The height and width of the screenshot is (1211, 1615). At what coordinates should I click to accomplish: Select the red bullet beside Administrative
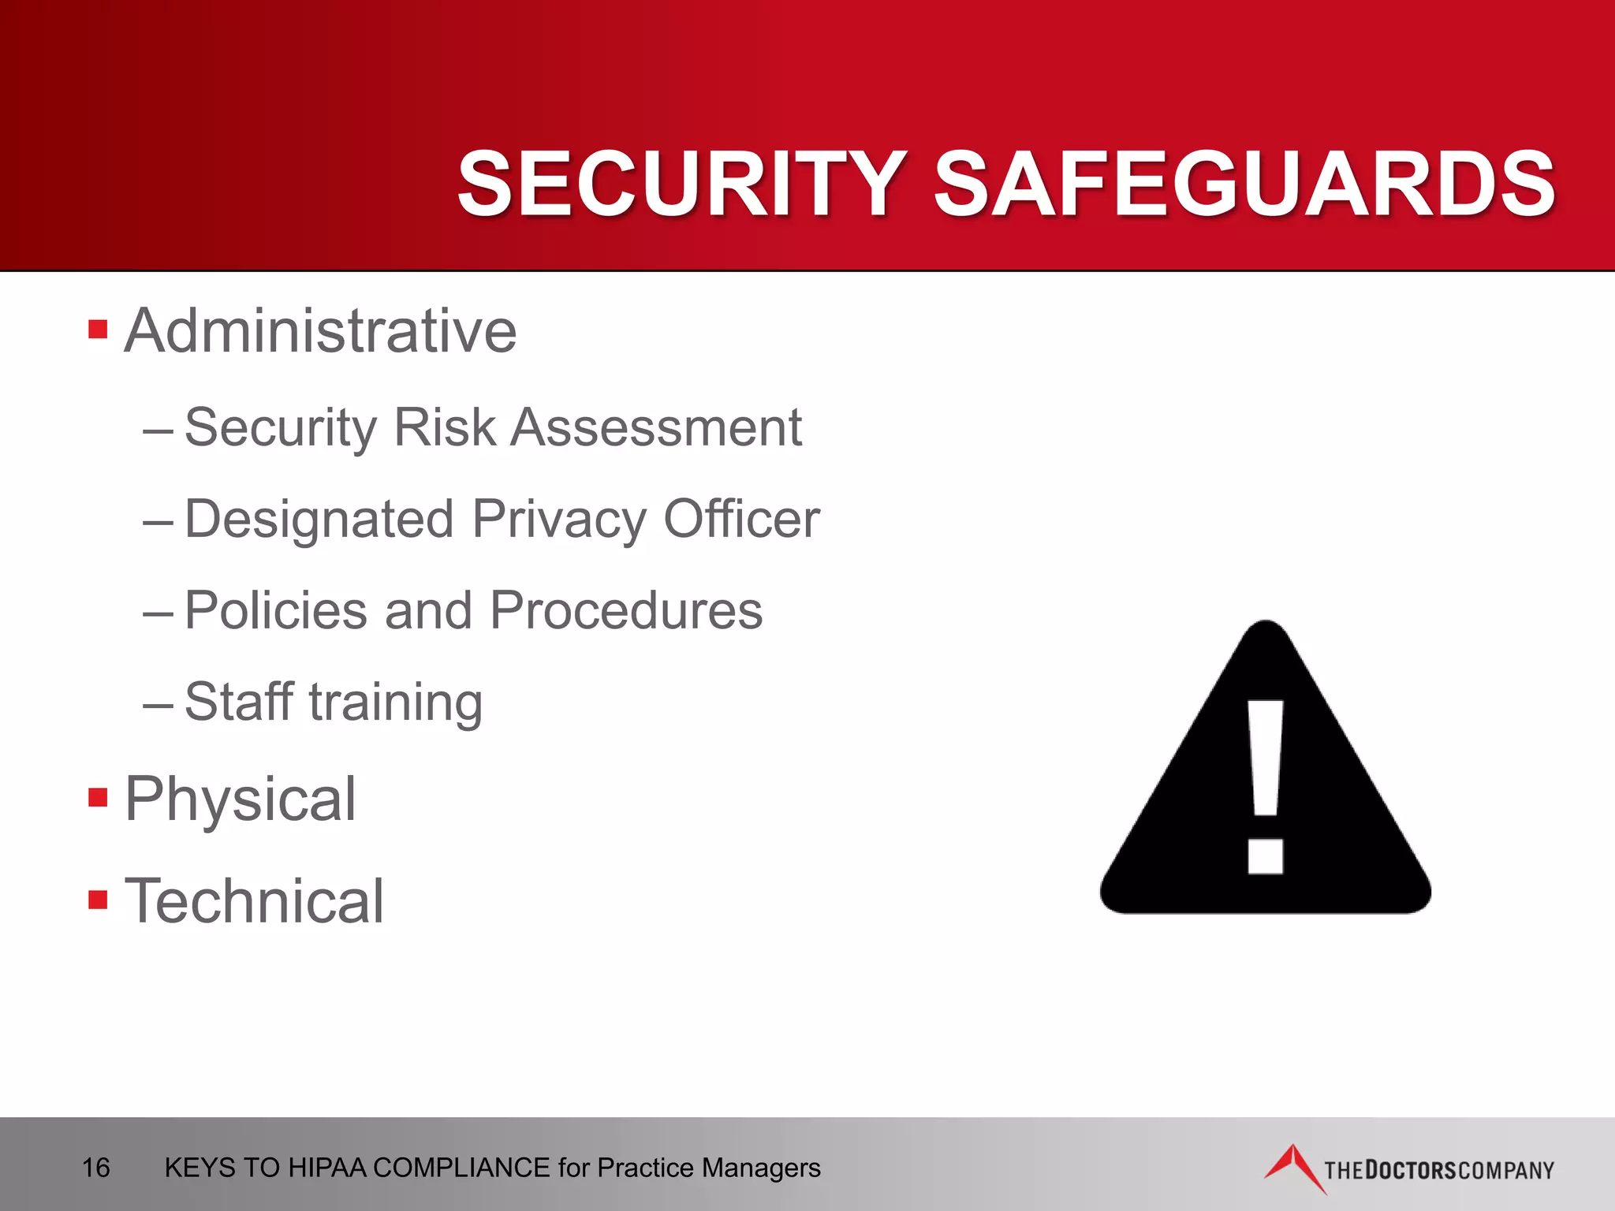(x=98, y=329)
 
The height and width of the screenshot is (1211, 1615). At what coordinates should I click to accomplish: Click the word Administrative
(x=320, y=330)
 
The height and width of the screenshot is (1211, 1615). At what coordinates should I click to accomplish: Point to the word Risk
(x=444, y=427)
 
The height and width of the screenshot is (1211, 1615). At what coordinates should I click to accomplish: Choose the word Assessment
(x=656, y=427)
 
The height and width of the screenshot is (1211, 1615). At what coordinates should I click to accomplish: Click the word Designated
(x=319, y=520)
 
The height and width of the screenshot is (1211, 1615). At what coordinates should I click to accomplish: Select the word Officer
(x=741, y=519)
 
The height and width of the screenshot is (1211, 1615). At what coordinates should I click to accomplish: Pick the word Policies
(x=276, y=610)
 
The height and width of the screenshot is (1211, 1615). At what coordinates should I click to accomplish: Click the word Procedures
(x=626, y=610)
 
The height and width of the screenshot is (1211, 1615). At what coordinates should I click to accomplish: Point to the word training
(x=396, y=703)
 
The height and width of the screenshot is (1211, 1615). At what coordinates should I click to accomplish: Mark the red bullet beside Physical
(x=98, y=797)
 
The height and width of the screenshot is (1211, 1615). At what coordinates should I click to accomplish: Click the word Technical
(x=254, y=900)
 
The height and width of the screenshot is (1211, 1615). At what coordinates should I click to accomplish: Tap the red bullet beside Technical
(x=98, y=900)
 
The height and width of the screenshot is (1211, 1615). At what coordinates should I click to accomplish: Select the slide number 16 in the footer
(x=96, y=1168)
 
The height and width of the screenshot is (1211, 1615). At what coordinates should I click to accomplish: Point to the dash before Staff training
(x=158, y=703)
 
